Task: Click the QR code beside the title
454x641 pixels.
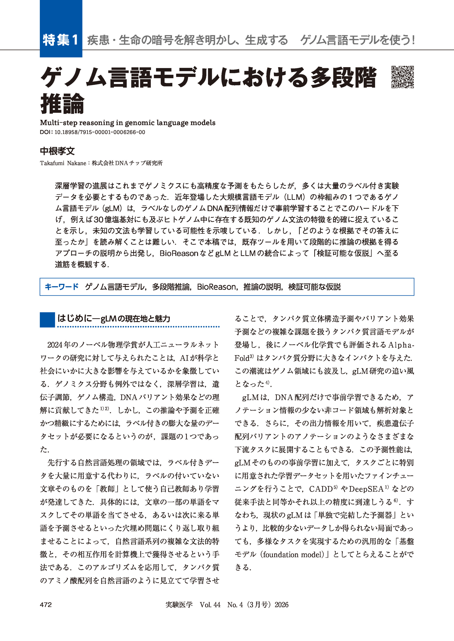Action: [402, 77]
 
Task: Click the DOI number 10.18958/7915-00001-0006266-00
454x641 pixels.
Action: [100, 132]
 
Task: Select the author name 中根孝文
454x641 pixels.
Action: [57, 151]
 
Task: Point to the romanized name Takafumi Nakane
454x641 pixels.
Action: [63, 163]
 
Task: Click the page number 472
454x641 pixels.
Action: [46, 605]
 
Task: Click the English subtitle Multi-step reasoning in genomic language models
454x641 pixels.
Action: [127, 123]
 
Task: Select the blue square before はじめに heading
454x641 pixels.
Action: [47, 320]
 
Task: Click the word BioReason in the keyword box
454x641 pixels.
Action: [216, 287]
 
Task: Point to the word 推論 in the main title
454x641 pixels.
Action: [62, 103]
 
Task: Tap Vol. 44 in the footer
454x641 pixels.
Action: [210, 605]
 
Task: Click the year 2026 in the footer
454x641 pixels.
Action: [281, 605]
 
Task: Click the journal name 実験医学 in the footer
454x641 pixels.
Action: [179, 605]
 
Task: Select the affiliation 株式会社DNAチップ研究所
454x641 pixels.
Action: [127, 163]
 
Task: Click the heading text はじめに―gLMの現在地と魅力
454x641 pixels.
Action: [114, 319]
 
